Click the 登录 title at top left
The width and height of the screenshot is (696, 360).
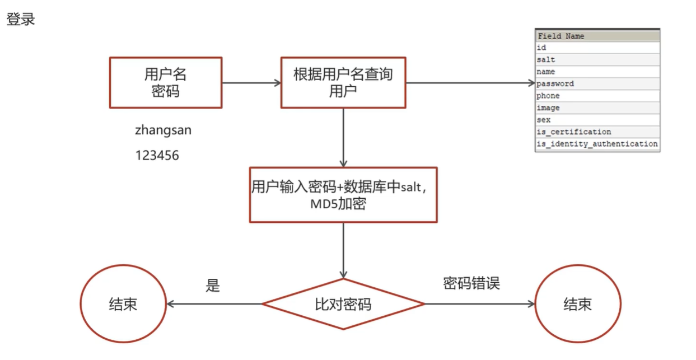coord(21,20)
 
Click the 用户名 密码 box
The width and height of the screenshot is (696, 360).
coord(165,82)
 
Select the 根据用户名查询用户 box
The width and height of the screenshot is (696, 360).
coord(343,82)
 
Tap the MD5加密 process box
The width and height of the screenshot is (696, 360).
coord(343,195)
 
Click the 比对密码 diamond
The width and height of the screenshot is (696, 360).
coord(343,304)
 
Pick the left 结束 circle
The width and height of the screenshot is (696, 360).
coord(123,304)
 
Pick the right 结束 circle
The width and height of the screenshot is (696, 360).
coord(578,304)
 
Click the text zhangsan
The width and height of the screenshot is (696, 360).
coord(163,130)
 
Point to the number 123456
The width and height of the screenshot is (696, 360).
coord(157,155)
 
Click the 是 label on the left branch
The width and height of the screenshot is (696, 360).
coord(213,286)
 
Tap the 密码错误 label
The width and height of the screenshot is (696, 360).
coord(471,283)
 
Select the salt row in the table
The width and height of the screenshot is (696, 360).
coord(597,60)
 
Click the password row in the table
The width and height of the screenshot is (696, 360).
coord(597,84)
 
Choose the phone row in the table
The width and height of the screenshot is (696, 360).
coord(597,96)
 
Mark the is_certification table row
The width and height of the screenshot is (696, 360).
coord(597,132)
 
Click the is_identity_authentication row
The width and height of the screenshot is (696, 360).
coord(597,144)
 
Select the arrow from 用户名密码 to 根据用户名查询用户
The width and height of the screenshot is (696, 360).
coord(251,83)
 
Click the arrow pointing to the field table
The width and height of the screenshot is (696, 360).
coord(470,83)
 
